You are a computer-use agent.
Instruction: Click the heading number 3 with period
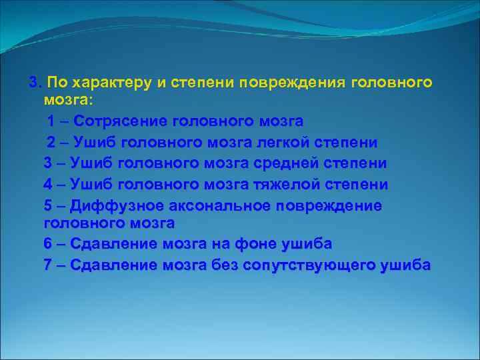[35, 82]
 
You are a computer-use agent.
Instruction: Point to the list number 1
[51, 121]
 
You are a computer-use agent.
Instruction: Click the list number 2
[51, 142]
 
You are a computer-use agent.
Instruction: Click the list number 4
[47, 183]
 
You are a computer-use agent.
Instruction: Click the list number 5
[47, 205]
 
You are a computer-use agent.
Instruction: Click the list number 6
[47, 244]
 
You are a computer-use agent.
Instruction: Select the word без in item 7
[225, 265]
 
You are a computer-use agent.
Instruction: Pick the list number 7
[47, 265]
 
